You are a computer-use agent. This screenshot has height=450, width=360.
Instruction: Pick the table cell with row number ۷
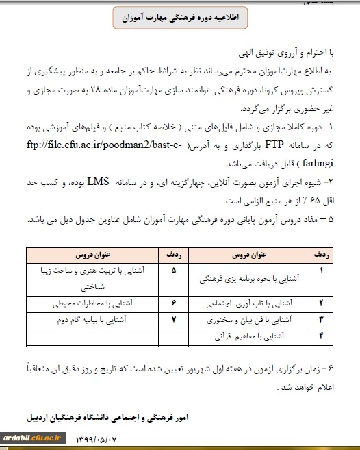point(173,319)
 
